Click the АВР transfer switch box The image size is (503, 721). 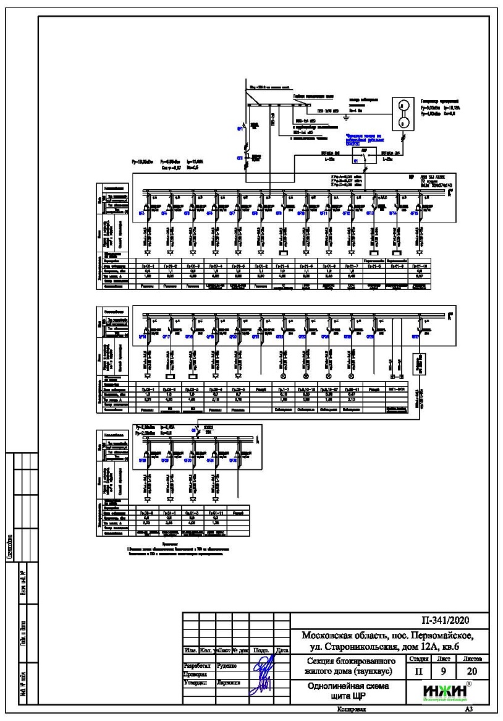[359, 156]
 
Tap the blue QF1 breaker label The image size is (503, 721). [240, 129]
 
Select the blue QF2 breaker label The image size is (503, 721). [240, 158]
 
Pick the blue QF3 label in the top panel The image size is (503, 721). [142, 213]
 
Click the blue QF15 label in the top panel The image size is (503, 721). [414, 213]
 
